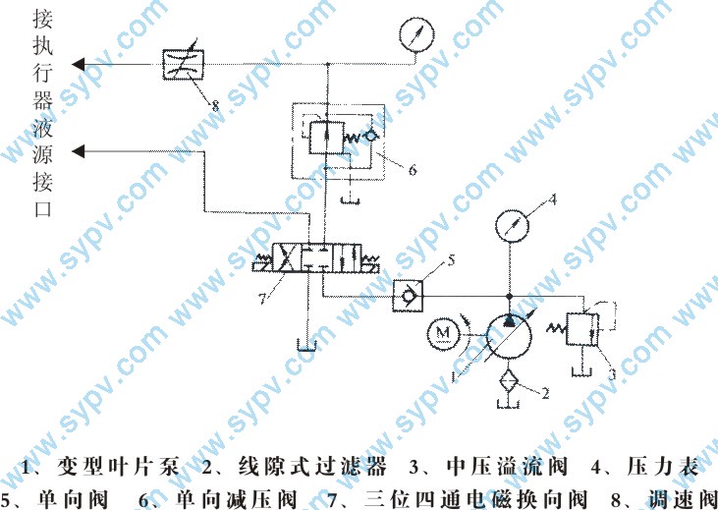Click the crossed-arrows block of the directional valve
pyautogui.click(x=284, y=259)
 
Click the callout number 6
pyautogui.click(x=413, y=169)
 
